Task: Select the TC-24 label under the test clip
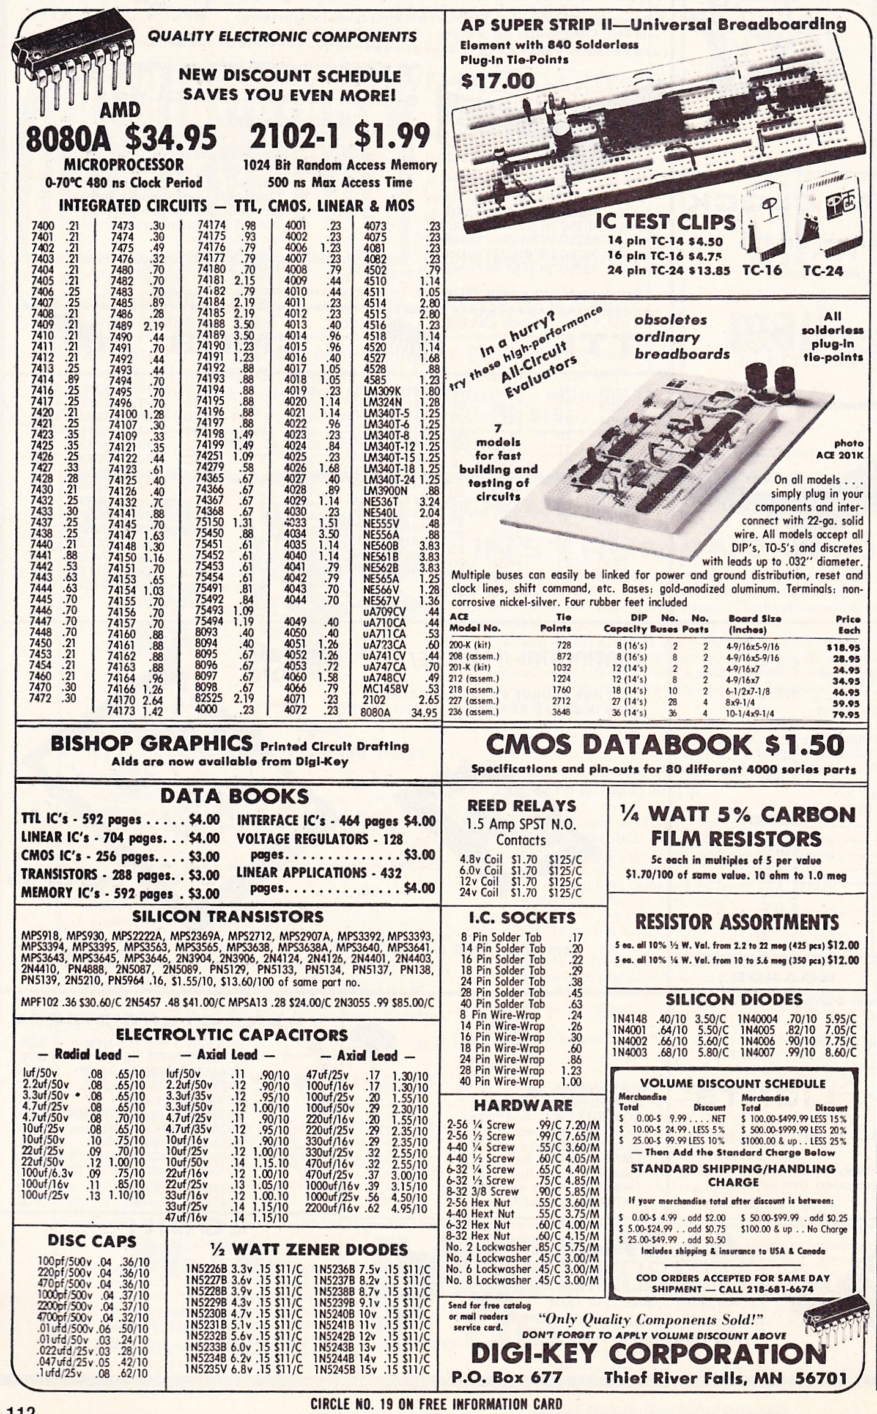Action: [823, 271]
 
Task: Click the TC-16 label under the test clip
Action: [761, 271]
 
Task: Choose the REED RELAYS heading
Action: [522, 805]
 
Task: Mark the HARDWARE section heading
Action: [523, 1105]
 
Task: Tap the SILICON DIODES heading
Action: [733, 1000]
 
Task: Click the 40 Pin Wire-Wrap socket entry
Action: [502, 1081]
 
